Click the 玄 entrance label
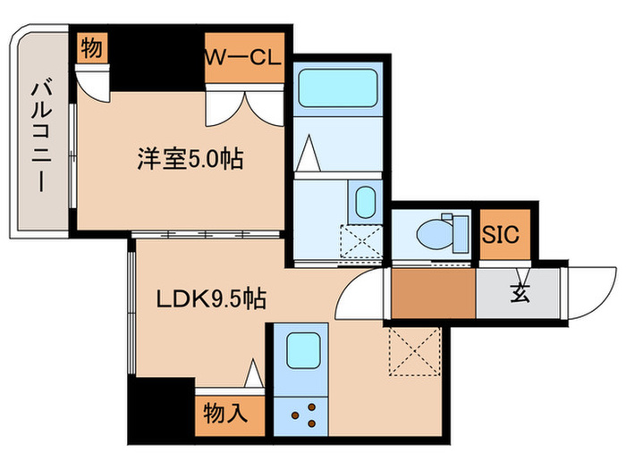(519, 292)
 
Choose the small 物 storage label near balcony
(91, 51)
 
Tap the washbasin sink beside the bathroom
(365, 202)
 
